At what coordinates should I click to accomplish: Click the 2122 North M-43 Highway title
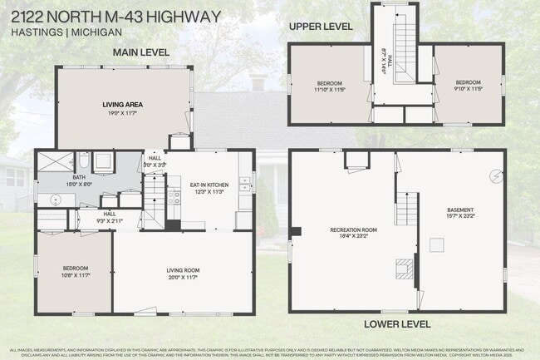point(115,16)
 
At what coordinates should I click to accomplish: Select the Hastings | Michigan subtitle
point(66,32)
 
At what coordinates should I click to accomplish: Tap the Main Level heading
point(141,52)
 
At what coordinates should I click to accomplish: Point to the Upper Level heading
point(321,27)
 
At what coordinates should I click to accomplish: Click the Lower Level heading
point(397,323)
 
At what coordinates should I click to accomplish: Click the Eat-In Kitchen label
point(209,187)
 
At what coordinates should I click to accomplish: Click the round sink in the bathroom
point(55,200)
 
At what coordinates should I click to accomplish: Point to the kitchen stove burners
point(175,197)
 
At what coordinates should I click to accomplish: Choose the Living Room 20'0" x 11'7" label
point(181,273)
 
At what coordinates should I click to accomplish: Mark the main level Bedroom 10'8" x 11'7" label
point(75,271)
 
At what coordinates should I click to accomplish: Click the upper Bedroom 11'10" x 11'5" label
point(329,85)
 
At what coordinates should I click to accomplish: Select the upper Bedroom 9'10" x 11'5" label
point(468,84)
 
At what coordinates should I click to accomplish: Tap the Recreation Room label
point(353,232)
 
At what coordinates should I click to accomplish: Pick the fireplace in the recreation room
point(402,267)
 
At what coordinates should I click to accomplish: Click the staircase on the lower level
point(408,208)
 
